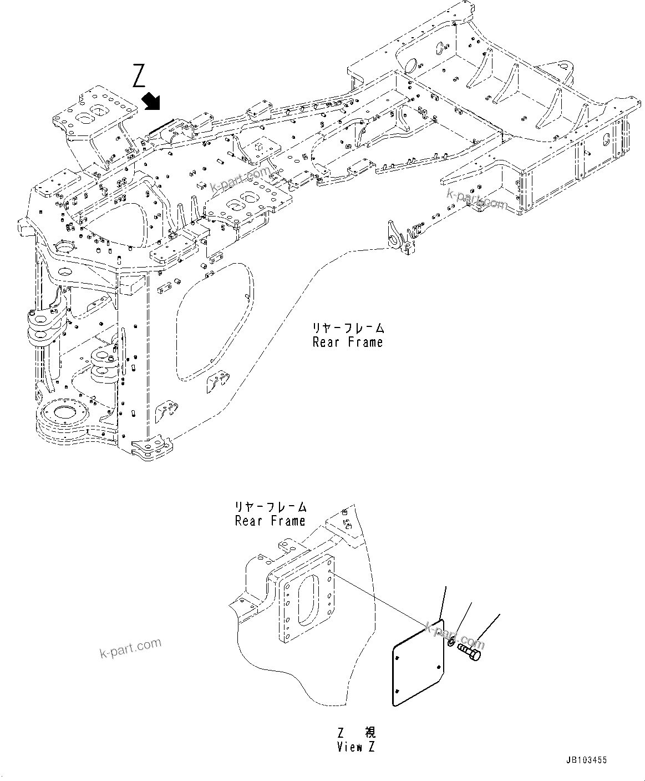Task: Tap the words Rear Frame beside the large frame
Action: coord(348,342)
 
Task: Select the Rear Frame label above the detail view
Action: coord(270,521)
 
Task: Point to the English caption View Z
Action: coord(355,747)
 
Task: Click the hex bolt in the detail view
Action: coord(470,653)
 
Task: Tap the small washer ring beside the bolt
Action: coord(451,642)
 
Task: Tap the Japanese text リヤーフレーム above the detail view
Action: coord(270,507)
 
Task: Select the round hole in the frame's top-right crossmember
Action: coord(410,65)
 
